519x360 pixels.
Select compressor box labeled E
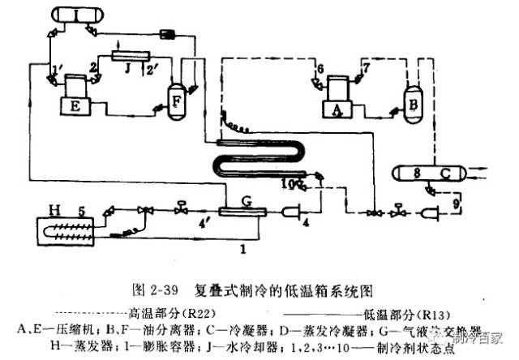73,105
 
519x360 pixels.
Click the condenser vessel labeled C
424,173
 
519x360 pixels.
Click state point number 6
320,66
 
